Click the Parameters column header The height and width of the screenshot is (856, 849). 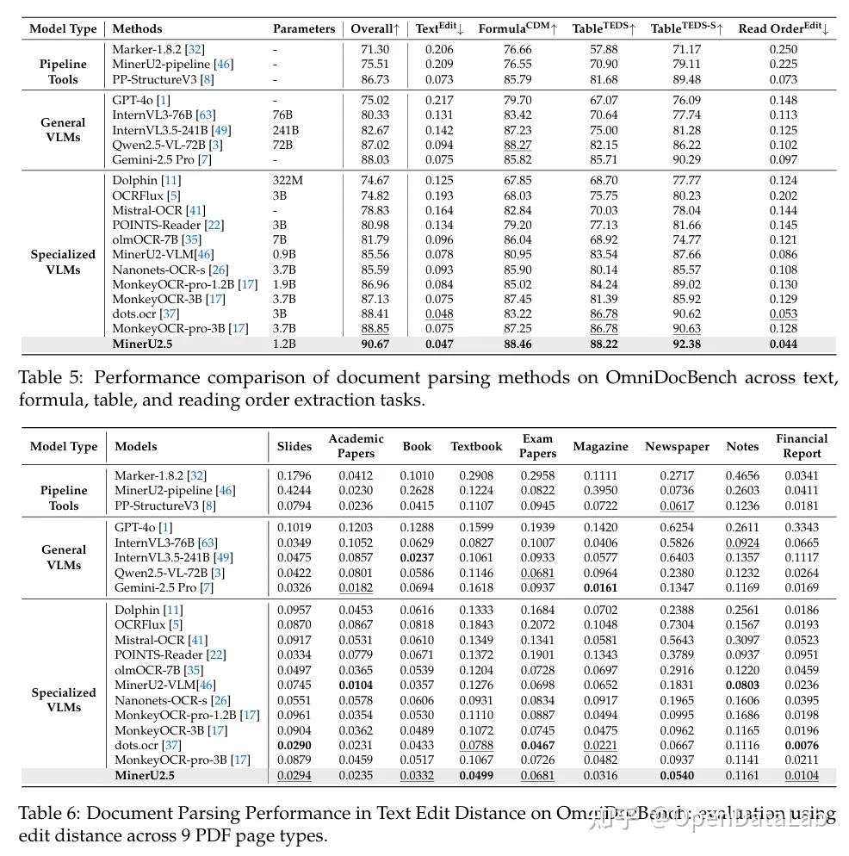[x=304, y=28]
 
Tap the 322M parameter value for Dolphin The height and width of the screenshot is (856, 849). [x=288, y=180]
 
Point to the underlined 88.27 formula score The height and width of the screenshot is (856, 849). [x=517, y=145]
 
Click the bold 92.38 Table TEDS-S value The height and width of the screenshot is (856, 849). [x=686, y=344]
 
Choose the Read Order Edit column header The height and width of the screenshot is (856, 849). [x=783, y=28]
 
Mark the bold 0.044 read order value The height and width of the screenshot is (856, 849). [x=783, y=344]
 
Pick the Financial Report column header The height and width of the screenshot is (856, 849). [x=802, y=446]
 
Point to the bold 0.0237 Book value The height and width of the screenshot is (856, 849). [x=417, y=557]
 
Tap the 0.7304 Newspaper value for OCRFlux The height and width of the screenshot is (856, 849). [x=677, y=624]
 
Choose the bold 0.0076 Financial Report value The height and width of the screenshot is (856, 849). [x=802, y=745]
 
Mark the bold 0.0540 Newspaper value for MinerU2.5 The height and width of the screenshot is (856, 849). [x=677, y=775]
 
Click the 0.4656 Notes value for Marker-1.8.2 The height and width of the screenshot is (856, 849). [x=742, y=475]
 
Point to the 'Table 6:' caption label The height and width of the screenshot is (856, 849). [x=50, y=813]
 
